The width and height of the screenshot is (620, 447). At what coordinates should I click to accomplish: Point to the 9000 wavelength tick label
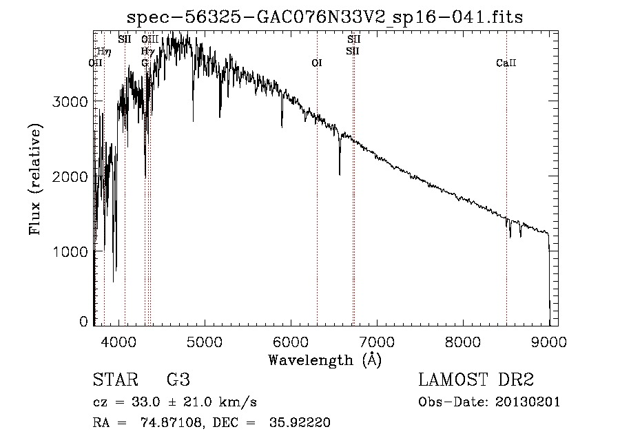(x=549, y=340)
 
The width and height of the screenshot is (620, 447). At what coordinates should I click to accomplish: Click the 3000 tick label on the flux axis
(x=70, y=101)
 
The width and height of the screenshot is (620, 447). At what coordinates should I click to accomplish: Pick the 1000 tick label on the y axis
(x=70, y=252)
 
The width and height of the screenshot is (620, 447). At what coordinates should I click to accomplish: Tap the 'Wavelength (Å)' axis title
(x=325, y=360)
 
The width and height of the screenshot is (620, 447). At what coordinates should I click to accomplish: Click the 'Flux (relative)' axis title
(x=35, y=179)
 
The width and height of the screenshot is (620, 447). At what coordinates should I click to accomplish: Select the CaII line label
(x=506, y=63)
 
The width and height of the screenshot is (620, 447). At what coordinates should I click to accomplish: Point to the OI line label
(x=317, y=63)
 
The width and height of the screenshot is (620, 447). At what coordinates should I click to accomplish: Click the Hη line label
(x=105, y=51)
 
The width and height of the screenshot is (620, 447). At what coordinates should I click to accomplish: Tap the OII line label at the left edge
(x=96, y=63)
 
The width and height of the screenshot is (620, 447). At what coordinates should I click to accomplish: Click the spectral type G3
(x=178, y=380)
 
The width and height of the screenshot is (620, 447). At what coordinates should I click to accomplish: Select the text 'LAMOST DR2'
(x=475, y=380)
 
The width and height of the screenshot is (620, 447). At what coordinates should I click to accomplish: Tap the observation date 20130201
(x=528, y=402)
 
